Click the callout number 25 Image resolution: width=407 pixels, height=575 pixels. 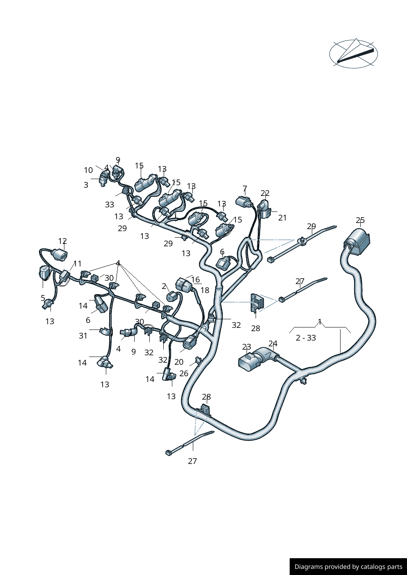click(360, 220)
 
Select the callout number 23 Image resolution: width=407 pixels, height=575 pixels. click(246, 347)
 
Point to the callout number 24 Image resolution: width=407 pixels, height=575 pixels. click(273, 344)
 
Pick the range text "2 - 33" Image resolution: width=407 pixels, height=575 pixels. click(306, 338)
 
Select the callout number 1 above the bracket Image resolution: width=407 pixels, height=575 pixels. click(320, 322)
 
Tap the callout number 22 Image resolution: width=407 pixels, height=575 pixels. click(265, 193)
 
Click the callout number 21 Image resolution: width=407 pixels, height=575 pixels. click(282, 218)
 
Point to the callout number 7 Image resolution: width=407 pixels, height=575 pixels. click(245, 189)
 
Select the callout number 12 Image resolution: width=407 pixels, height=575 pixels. click(62, 241)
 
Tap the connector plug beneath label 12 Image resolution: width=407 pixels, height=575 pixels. click(60, 255)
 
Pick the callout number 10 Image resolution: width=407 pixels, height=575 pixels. click(88, 170)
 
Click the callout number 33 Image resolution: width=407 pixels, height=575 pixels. click(109, 205)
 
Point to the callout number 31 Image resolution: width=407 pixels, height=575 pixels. click(83, 336)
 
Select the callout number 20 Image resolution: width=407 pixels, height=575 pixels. click(179, 362)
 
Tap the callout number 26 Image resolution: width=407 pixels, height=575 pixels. click(184, 373)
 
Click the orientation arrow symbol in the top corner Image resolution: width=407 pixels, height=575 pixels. click(353, 54)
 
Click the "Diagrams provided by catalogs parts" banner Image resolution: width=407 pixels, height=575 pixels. click(348, 566)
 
